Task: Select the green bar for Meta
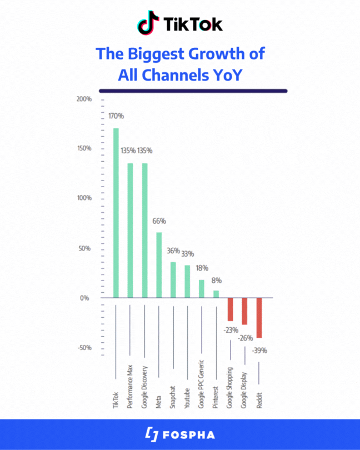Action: (x=159, y=265)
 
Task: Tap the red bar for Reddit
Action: (x=259, y=318)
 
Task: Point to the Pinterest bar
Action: (x=216, y=294)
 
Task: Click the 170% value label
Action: (x=116, y=116)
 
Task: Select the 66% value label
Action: (x=159, y=221)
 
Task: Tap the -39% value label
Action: (x=259, y=351)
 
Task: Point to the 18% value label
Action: (x=202, y=268)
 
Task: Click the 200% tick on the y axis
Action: (x=84, y=99)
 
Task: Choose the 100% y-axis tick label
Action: (x=84, y=198)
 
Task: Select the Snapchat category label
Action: (x=173, y=397)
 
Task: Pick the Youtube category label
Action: (x=188, y=398)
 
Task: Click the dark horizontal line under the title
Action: (x=193, y=91)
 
